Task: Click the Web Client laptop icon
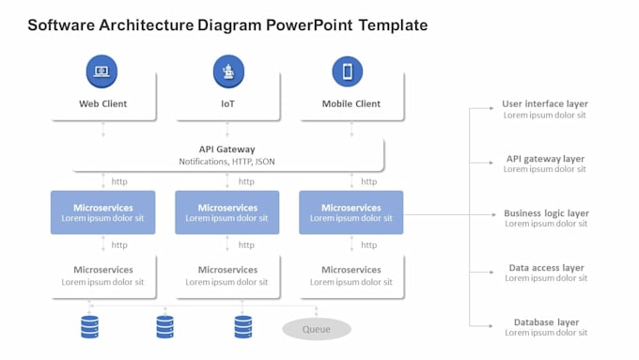[x=101, y=71]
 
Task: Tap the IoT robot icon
[x=228, y=71]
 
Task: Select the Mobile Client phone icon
[x=347, y=71]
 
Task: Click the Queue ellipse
[x=317, y=329]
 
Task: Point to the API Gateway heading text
[x=227, y=149]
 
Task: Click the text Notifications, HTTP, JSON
[x=227, y=162]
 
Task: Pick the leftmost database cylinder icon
[x=89, y=327]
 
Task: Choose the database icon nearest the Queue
[x=243, y=327]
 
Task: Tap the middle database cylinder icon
[x=165, y=327]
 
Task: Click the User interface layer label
[x=545, y=104]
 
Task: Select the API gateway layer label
[x=545, y=159]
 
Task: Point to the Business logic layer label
[x=547, y=213]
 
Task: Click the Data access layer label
[x=547, y=268]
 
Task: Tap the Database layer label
[x=547, y=322]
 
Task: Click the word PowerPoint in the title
[x=309, y=25]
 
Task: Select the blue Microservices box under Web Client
[x=103, y=212]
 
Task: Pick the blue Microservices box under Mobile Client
[x=351, y=212]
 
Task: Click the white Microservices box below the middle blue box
[x=227, y=276]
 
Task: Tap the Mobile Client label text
[x=351, y=104]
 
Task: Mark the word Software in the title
[x=61, y=25]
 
